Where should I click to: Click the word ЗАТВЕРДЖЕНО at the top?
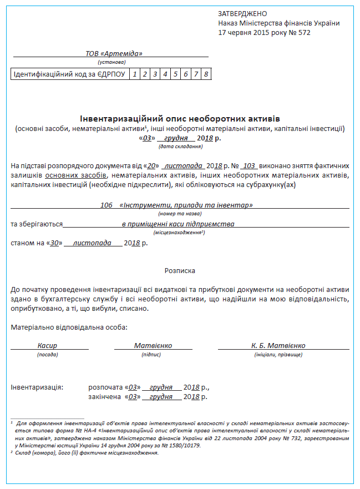point(242,13)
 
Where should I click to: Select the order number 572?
point(304,32)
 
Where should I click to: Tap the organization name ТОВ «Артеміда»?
point(114,53)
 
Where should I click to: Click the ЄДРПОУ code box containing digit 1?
point(134,74)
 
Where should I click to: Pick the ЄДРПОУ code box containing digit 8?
point(206,74)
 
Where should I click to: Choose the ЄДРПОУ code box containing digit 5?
point(175,74)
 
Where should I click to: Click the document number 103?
point(249,166)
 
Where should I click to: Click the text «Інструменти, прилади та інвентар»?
point(186,205)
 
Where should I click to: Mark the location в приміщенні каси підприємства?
point(178,224)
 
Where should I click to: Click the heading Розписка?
point(180,270)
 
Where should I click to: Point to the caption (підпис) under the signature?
point(151,354)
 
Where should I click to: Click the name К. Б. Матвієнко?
point(278,345)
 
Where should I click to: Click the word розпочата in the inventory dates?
point(105,387)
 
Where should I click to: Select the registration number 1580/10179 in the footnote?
point(182,445)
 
